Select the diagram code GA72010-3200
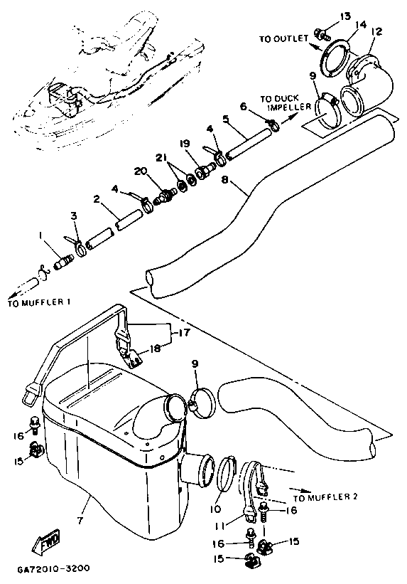click(x=53, y=568)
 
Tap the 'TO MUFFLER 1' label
click(x=39, y=303)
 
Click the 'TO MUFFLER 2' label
click(x=325, y=497)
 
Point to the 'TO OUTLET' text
click(x=284, y=38)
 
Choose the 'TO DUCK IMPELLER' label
click(x=286, y=103)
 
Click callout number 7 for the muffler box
click(x=80, y=520)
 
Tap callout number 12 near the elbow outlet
click(x=376, y=32)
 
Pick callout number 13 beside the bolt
click(x=345, y=16)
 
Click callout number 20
click(x=141, y=171)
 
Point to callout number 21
click(x=161, y=158)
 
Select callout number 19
click(x=185, y=144)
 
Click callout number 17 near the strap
click(x=185, y=332)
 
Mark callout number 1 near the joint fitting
click(x=39, y=235)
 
